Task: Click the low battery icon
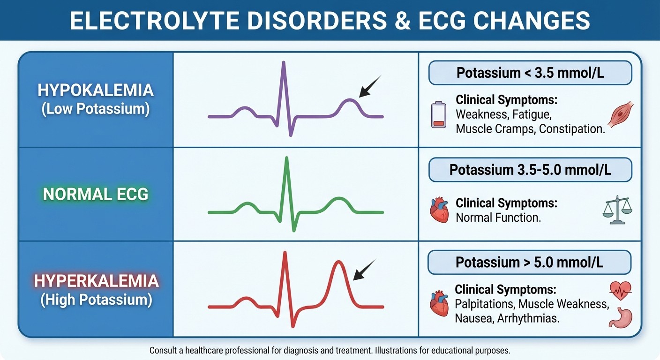tap(439, 115)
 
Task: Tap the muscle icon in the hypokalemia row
tap(620, 115)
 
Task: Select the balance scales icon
tap(617, 210)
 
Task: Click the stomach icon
tap(620, 318)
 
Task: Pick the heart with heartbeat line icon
tap(620, 291)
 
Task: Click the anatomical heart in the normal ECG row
tap(439, 210)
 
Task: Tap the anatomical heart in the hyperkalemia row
tap(439, 303)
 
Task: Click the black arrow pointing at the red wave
tap(364, 270)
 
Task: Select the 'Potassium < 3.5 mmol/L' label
tap(530, 73)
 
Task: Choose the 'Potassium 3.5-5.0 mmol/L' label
tap(530, 170)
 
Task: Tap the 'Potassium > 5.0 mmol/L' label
tap(529, 262)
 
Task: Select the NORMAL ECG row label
tap(96, 194)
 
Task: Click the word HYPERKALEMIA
tap(96, 281)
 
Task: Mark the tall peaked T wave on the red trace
tap(338, 262)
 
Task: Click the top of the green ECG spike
tap(286, 158)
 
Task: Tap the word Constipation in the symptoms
tap(572, 129)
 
